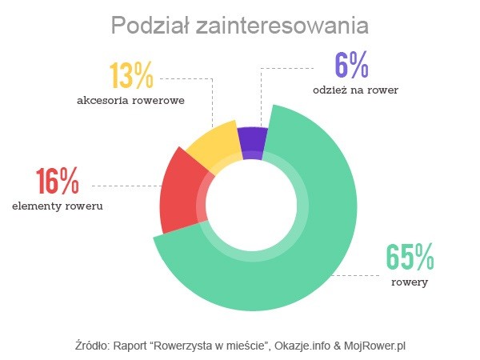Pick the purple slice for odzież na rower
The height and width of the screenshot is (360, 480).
coord(252,144)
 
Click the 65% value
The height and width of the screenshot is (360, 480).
coord(410,258)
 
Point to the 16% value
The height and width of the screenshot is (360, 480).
coord(57,182)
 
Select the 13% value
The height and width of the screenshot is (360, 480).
coord(131,76)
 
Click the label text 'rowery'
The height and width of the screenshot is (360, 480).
coord(410,283)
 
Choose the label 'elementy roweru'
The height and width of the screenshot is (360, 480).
coord(58,206)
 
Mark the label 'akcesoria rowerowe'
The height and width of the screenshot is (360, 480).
coord(131,100)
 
